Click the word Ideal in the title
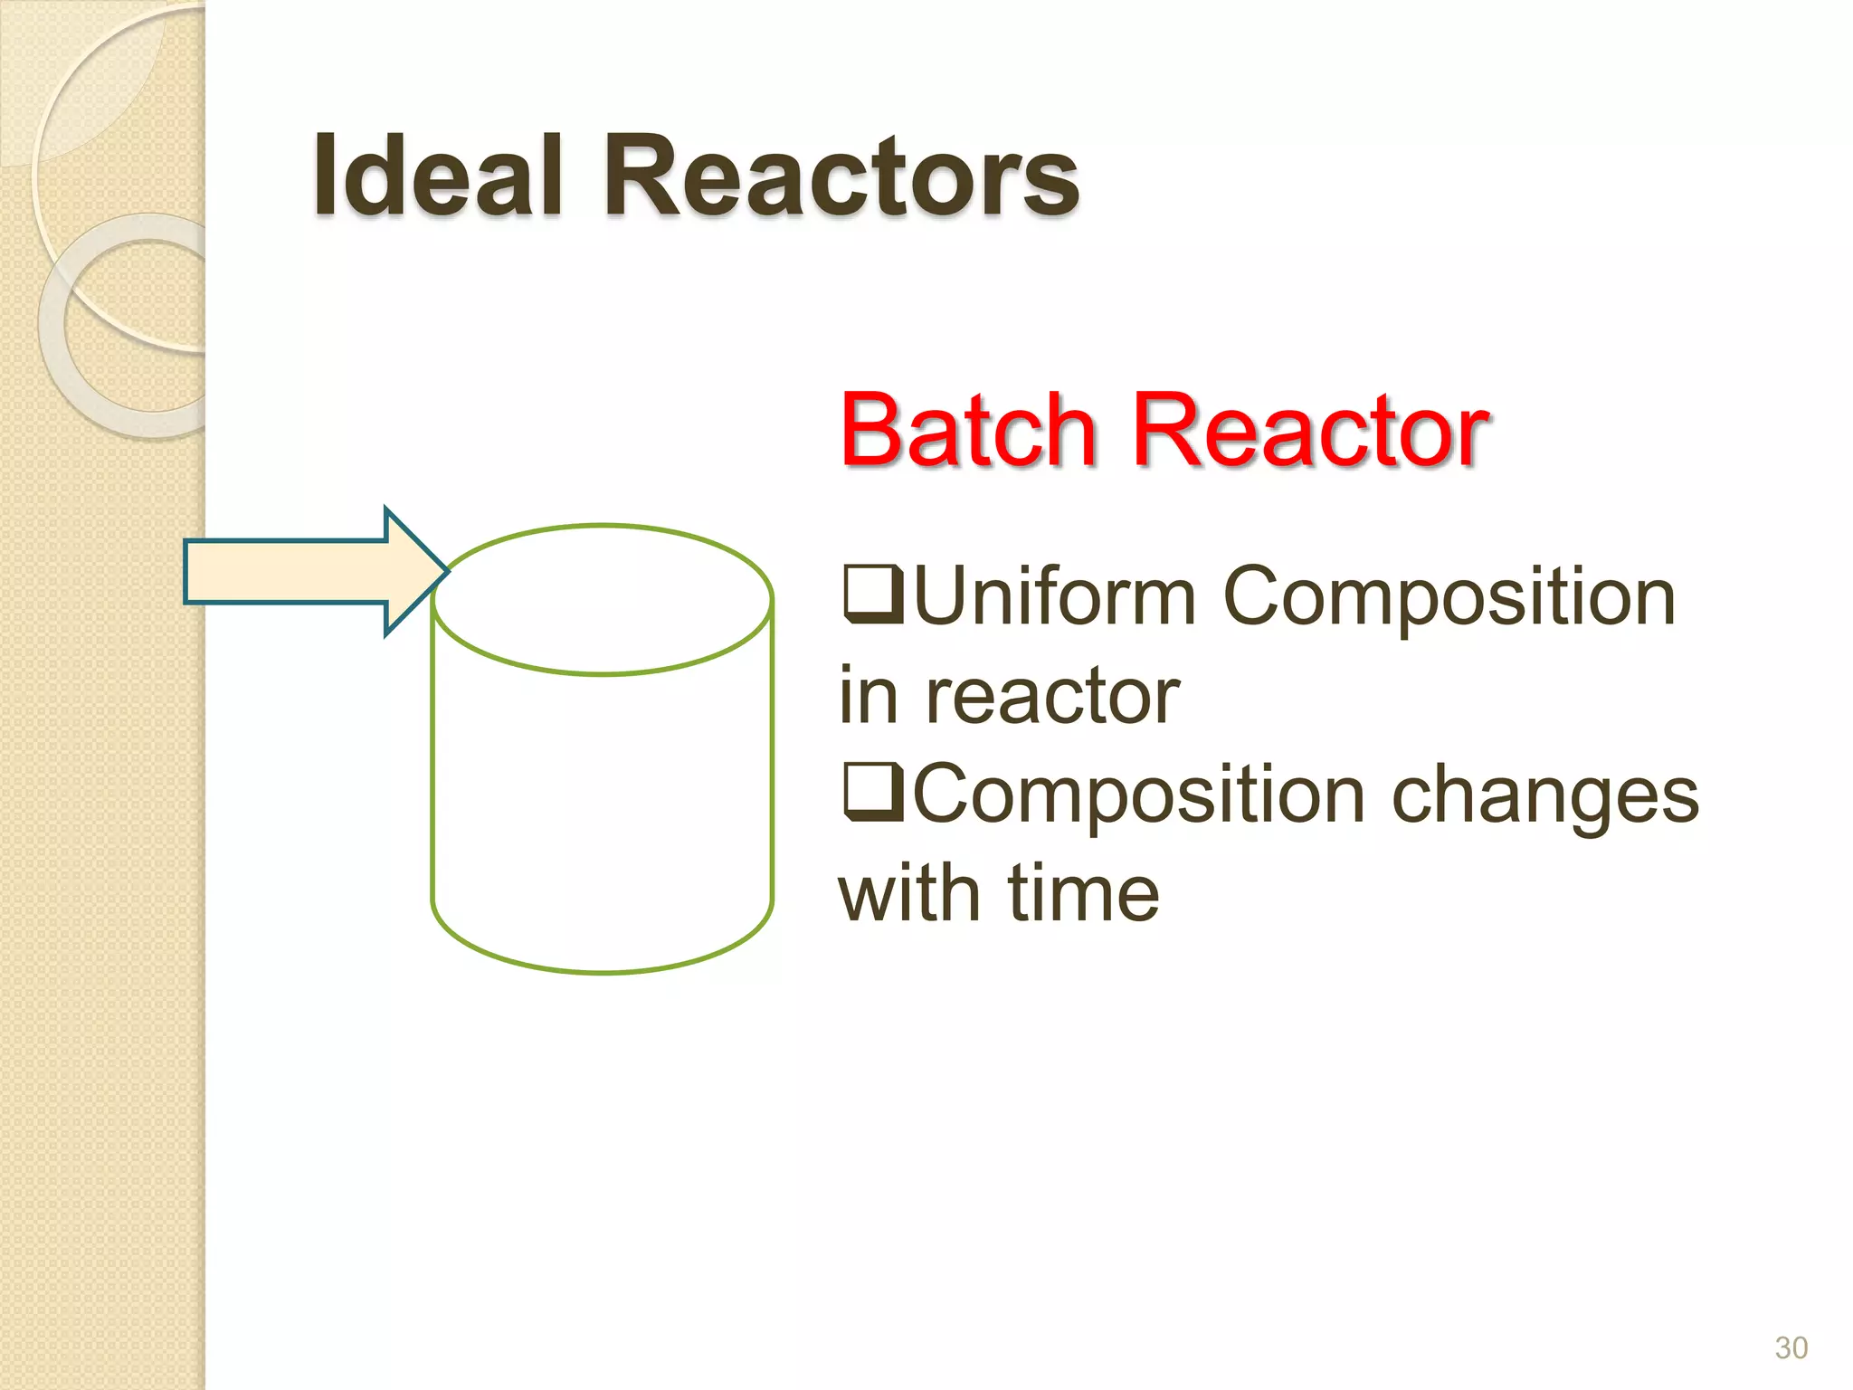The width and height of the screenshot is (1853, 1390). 438,176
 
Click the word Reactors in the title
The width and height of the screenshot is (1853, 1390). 841,176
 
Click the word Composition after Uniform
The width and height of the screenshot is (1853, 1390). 1449,597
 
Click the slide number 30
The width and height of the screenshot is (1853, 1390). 1791,1347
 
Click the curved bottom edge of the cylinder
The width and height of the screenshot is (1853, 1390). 603,971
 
